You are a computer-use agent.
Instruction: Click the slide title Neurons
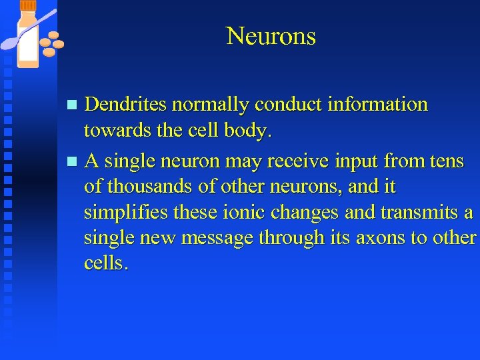[271, 36]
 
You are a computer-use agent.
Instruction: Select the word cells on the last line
[103, 263]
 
